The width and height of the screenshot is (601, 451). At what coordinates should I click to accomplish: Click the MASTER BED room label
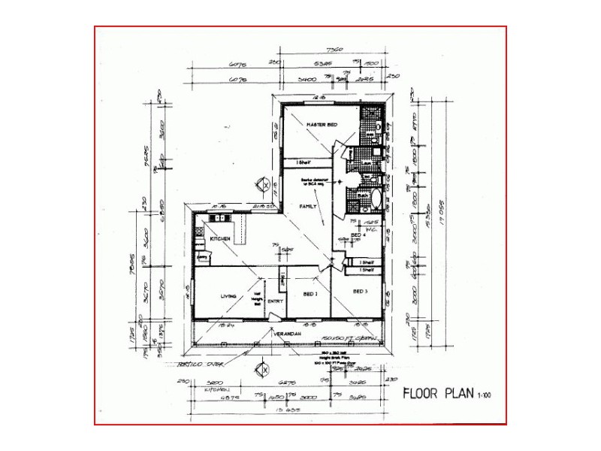click(321, 123)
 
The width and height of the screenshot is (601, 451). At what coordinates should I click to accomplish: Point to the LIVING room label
click(228, 296)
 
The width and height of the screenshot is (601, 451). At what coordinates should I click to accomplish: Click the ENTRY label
click(275, 301)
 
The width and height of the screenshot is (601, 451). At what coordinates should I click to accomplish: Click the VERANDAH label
click(287, 333)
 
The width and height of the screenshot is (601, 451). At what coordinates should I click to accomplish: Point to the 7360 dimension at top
click(336, 50)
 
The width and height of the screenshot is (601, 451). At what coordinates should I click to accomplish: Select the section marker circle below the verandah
click(264, 369)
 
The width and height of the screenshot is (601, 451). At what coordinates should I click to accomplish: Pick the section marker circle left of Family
click(264, 183)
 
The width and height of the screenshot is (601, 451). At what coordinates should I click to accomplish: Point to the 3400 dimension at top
click(306, 77)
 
